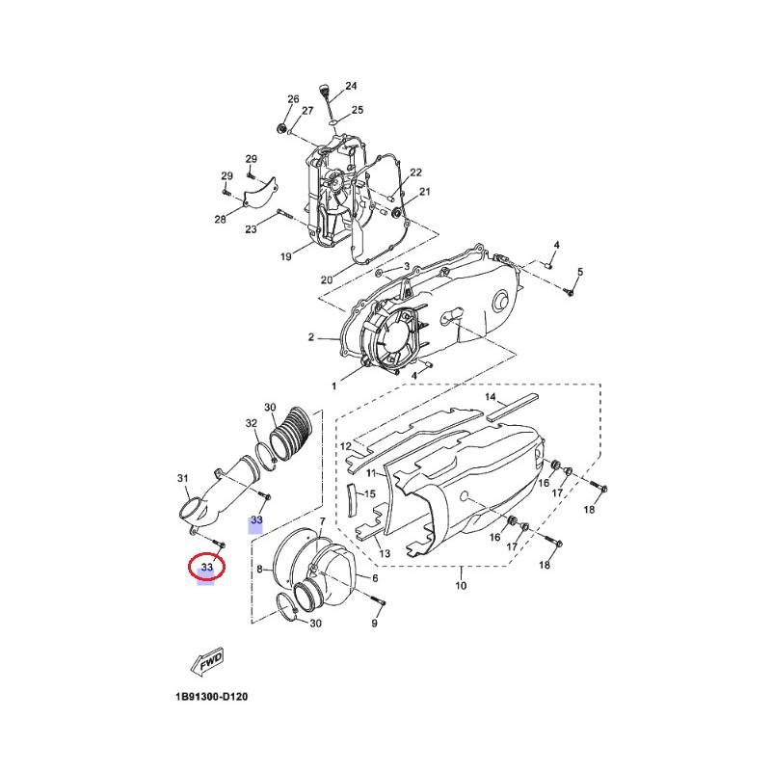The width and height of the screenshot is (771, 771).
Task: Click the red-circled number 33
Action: [207, 567]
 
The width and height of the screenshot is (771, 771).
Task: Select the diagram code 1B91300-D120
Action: [211, 697]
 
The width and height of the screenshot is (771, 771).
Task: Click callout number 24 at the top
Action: [351, 86]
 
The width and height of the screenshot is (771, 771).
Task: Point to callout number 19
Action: [285, 256]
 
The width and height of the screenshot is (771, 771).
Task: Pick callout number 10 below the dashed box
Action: [461, 585]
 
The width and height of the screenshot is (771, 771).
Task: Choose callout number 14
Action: [491, 397]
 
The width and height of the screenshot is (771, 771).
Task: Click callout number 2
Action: [310, 337]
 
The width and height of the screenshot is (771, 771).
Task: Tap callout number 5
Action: [580, 272]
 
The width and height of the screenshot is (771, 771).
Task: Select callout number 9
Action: [375, 623]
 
